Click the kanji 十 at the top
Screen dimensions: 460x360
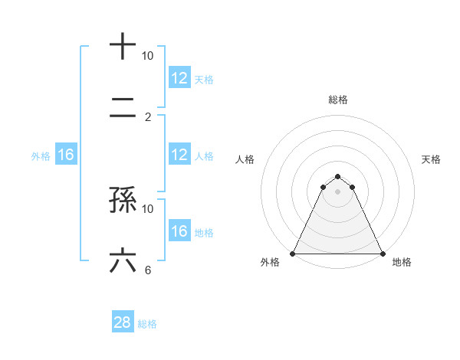[123, 46]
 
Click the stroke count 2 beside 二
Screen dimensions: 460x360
[148, 117]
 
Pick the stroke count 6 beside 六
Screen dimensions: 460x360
[148, 270]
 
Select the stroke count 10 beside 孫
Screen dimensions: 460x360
[148, 208]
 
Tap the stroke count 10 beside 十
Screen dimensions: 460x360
[148, 56]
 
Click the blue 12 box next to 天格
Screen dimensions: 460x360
[179, 78]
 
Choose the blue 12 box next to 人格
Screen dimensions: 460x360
[179, 155]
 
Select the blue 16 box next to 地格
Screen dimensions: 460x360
[179, 231]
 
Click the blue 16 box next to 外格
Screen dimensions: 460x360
[66, 155]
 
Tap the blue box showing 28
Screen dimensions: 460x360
[123, 323]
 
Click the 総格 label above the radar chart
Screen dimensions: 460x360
[338, 100]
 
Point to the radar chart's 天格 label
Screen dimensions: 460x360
[431, 159]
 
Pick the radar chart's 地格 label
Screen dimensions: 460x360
[402, 262]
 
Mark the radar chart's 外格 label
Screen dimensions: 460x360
[270, 262]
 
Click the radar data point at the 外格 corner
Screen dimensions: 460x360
[293, 253]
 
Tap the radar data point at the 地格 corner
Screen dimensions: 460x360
[382, 253]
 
